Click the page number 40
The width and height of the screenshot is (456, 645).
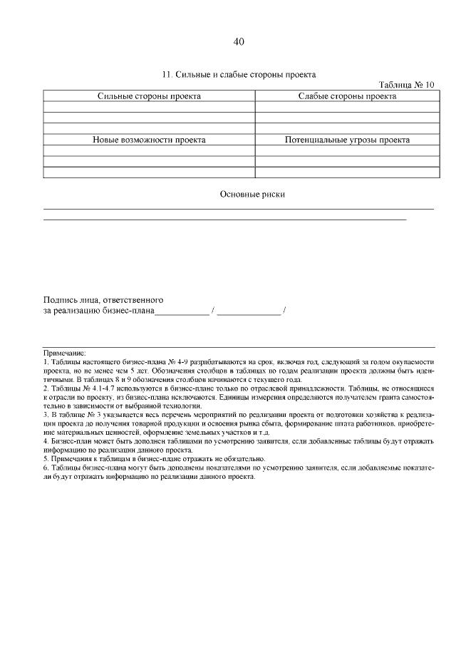point(239,41)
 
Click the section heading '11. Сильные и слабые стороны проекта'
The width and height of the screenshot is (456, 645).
point(239,74)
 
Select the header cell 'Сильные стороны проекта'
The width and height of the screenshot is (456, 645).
point(149,96)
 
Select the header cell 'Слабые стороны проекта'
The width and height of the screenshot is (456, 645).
point(347,96)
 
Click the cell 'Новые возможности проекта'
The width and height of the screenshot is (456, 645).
point(149,140)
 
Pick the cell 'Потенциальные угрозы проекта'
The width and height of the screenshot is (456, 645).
point(347,140)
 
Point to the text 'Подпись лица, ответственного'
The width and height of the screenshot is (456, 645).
point(103,299)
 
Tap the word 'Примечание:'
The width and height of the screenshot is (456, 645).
point(64,353)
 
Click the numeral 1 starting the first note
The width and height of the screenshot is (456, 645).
point(45,362)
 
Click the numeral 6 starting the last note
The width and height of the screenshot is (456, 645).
point(45,468)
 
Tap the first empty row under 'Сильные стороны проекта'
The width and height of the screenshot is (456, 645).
point(149,107)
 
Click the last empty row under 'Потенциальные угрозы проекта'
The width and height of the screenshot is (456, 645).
point(347,172)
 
